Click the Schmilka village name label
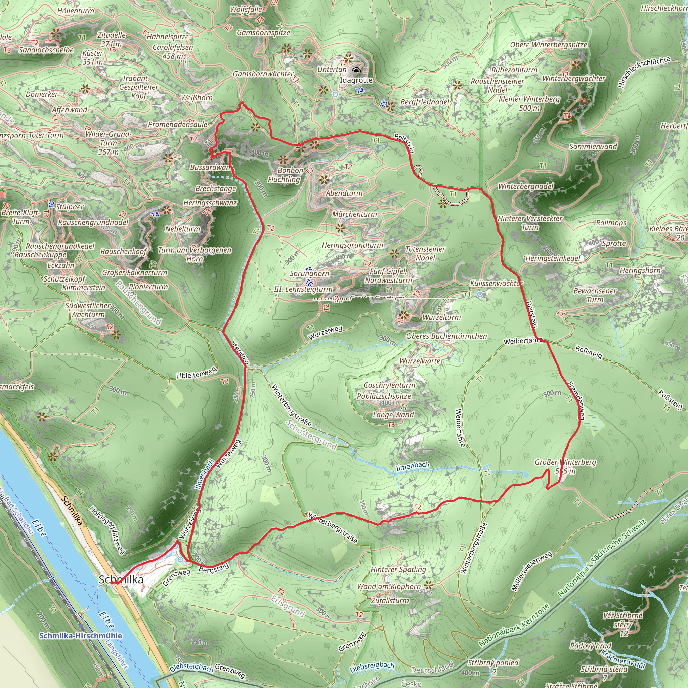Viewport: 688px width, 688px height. (121, 579)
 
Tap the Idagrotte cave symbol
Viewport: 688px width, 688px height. (356, 70)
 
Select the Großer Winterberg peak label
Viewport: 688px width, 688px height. (565, 467)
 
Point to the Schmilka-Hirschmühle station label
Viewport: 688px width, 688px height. (81, 636)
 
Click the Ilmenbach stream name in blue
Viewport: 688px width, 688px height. (413, 466)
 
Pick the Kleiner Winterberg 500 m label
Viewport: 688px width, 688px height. (529, 103)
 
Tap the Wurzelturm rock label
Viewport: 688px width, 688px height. (441, 317)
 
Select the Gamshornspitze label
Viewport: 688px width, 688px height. (263, 32)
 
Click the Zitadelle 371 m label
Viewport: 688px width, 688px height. (112, 39)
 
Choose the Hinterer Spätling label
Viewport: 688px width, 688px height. (398, 569)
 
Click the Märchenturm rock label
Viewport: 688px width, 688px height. (354, 214)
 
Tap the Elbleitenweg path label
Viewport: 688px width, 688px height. (196, 373)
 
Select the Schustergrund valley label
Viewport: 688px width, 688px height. (311, 435)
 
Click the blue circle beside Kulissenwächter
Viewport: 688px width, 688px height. (480, 294)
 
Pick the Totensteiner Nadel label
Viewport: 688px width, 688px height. (425, 253)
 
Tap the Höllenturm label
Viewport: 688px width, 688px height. (76, 11)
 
